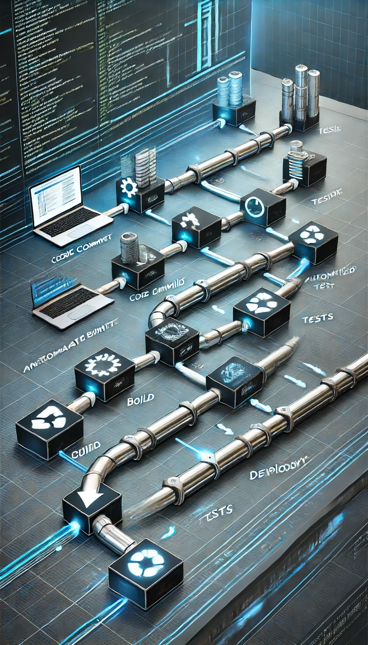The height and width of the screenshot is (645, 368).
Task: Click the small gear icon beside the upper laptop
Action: (x=129, y=187)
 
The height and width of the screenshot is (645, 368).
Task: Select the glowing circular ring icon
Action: (x=255, y=206)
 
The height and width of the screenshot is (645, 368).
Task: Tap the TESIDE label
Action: (x=326, y=201)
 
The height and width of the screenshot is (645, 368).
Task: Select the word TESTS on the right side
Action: (x=317, y=319)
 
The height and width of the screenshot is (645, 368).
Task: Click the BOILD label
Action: (x=140, y=400)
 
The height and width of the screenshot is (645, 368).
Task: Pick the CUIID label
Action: (x=85, y=446)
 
